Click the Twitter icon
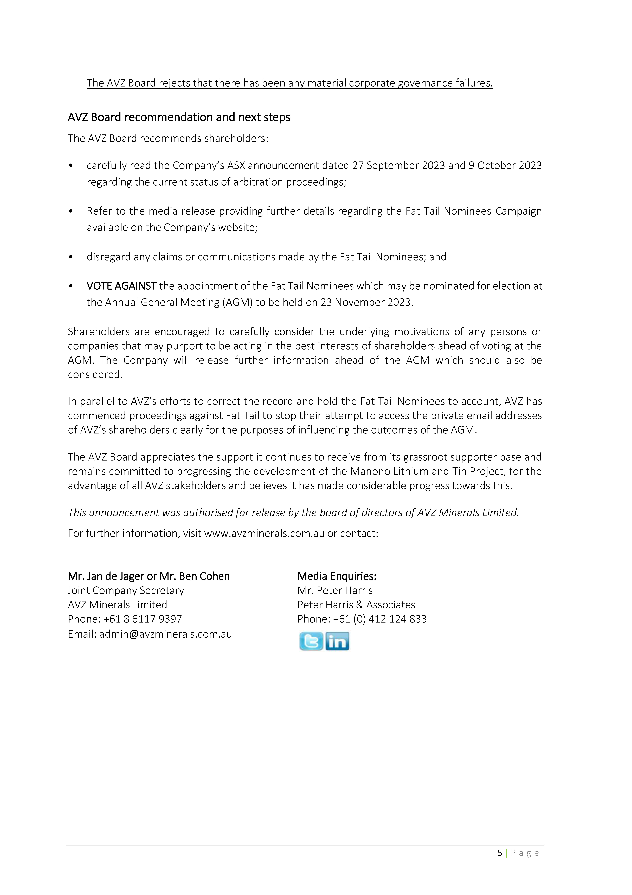pos(311,641)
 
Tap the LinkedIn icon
pos(337,641)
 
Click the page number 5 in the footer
pos(500,853)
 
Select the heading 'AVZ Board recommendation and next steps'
pos(179,117)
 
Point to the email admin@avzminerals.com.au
pos(165,634)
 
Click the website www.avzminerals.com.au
pos(264,533)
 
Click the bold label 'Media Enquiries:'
pos(337,576)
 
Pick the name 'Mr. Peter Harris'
pos(335,591)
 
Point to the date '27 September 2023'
pos(398,166)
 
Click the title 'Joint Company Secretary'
pos(126,591)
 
